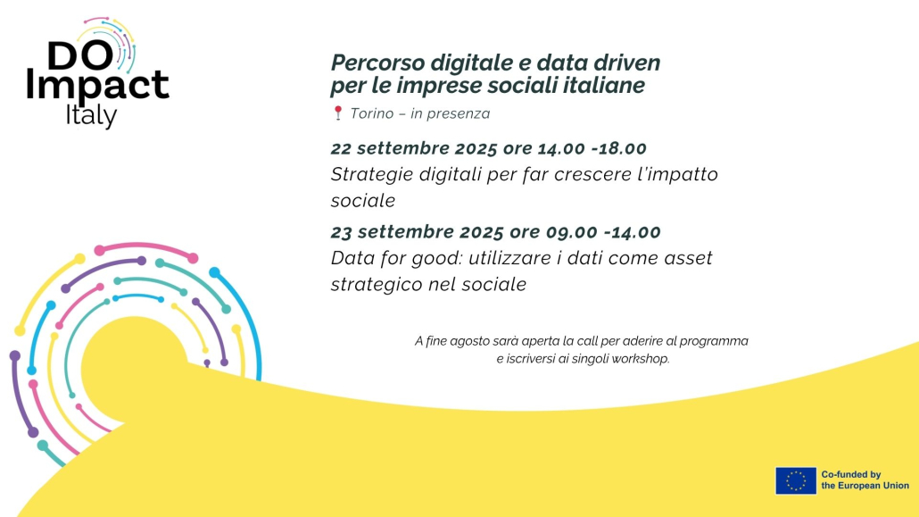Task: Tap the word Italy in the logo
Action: [91, 116]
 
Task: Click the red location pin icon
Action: [337, 113]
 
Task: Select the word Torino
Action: [371, 113]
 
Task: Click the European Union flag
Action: [795, 480]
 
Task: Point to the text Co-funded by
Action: [851, 475]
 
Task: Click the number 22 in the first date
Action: [341, 148]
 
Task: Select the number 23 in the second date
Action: [341, 232]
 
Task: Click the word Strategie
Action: [372, 175]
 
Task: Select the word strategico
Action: [377, 285]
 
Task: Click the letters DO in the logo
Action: [80, 55]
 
